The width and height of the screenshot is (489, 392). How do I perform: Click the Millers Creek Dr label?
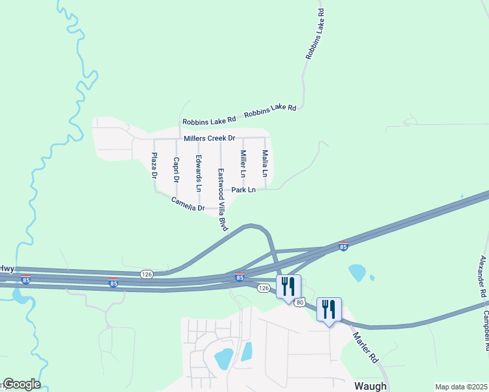(x=209, y=139)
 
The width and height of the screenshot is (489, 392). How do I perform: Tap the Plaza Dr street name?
(x=154, y=166)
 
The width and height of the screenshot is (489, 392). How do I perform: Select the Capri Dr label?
(x=176, y=169)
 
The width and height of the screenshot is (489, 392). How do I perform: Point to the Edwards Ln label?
(x=198, y=173)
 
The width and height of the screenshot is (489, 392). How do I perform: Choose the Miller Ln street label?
(x=243, y=164)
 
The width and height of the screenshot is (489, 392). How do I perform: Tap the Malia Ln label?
(x=265, y=163)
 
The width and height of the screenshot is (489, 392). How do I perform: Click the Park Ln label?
(x=243, y=190)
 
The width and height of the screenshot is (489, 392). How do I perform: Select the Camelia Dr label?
(x=188, y=204)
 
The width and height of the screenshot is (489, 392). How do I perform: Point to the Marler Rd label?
(x=365, y=348)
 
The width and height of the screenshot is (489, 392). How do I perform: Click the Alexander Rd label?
(x=483, y=277)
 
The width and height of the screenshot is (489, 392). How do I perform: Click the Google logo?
(x=21, y=384)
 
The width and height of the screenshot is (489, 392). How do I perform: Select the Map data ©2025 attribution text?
(x=461, y=387)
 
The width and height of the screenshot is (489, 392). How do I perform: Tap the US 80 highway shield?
(x=299, y=302)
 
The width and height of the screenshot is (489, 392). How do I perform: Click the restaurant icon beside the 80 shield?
(x=288, y=286)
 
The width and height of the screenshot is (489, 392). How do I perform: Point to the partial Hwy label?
(x=7, y=269)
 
